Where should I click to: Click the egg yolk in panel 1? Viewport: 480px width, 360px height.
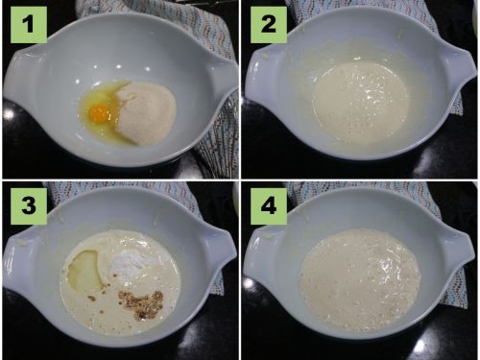(99, 112)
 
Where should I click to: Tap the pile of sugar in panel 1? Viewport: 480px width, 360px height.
(146, 112)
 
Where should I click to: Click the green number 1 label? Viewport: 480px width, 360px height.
(29, 25)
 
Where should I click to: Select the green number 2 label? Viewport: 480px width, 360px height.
(269, 25)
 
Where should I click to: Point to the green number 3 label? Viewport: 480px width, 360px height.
(29, 206)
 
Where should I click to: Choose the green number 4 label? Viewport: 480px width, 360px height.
(269, 206)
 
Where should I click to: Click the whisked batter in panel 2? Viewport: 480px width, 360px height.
(361, 100)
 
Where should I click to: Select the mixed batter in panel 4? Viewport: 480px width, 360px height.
(360, 279)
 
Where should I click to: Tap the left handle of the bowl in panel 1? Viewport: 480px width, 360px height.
(17, 77)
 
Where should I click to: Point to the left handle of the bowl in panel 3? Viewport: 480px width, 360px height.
(17, 256)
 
